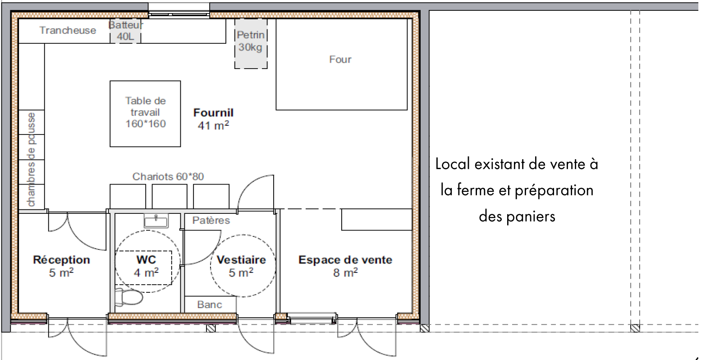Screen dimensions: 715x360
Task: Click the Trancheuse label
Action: click(68, 30)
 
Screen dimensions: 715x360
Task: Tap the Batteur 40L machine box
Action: click(125, 31)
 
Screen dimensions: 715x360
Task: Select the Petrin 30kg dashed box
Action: click(251, 44)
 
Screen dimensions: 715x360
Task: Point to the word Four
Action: click(340, 60)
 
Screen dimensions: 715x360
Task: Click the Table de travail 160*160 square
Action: click(145, 114)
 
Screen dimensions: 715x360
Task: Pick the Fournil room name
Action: click(213, 112)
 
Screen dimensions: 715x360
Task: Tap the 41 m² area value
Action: click(213, 125)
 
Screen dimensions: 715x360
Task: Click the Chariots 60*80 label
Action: click(168, 176)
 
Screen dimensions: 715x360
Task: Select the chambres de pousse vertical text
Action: click(31, 159)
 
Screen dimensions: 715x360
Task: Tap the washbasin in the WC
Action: click(156, 221)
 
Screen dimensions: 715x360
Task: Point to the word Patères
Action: click(211, 221)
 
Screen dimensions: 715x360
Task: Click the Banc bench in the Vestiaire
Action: click(211, 305)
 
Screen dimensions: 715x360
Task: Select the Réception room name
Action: click(61, 260)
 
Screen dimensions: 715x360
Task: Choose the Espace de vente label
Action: click(345, 260)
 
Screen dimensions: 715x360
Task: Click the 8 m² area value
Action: click(345, 272)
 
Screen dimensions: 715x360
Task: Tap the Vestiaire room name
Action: click(241, 260)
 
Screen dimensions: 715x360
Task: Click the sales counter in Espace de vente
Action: click(376, 219)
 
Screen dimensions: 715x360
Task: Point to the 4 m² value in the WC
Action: click(146, 272)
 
